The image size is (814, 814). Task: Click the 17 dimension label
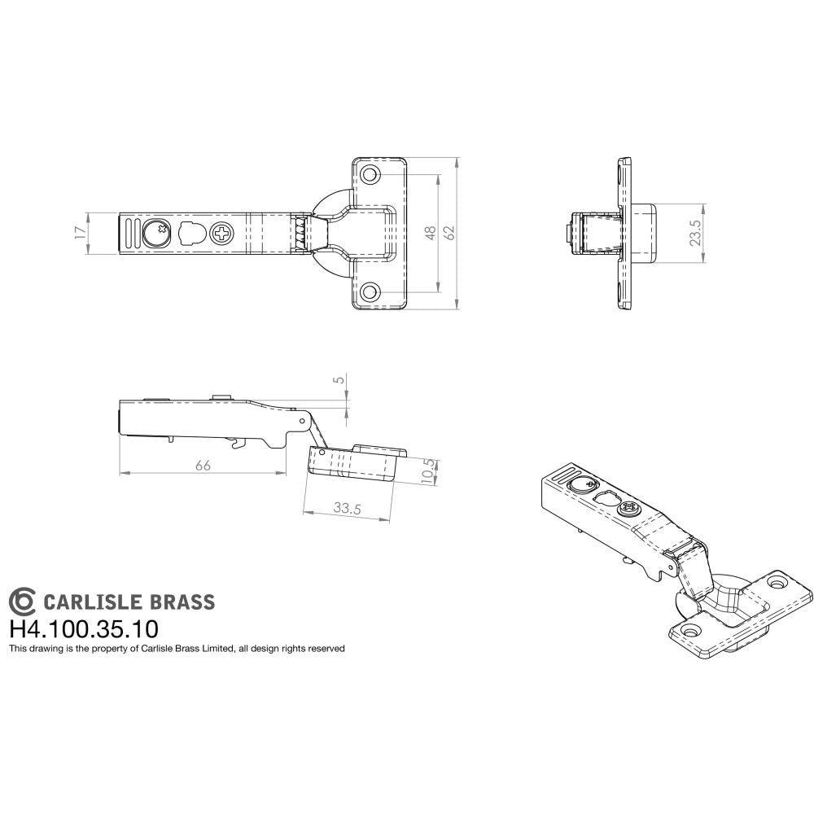pos(79,232)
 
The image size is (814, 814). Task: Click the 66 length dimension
pos(203,465)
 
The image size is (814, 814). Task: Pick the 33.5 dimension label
pos(347,508)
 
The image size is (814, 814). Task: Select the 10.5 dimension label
pos(428,472)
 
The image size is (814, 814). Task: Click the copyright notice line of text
pos(177,649)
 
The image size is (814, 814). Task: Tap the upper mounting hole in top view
pos(370,174)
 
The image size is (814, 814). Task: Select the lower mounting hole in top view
pos(370,291)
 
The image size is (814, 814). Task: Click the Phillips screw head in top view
pos(221,234)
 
